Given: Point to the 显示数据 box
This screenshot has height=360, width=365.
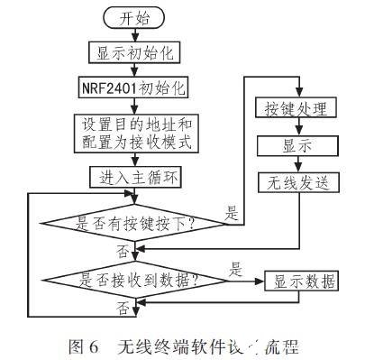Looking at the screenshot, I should [301, 281].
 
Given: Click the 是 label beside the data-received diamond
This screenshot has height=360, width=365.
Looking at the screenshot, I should [237, 268].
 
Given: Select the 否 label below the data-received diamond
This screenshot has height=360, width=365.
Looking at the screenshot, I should [121, 309].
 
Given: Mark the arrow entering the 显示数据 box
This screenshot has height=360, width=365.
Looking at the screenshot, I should [251, 281].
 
